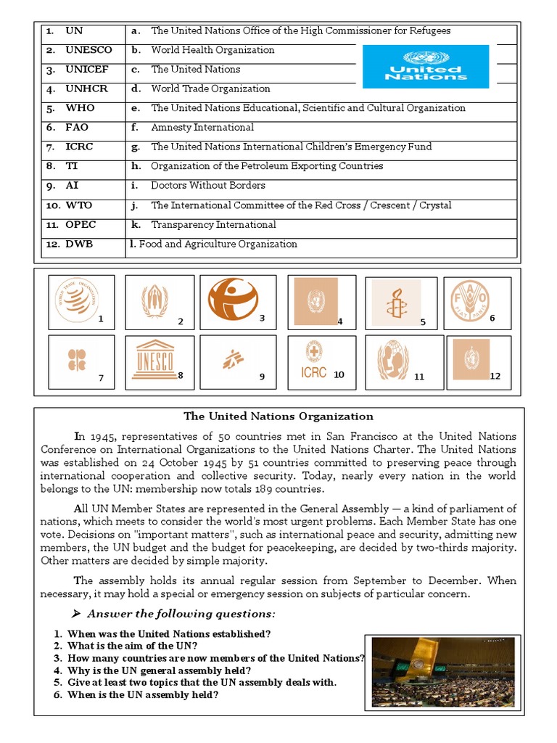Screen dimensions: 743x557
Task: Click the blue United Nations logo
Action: pyautogui.click(x=425, y=66)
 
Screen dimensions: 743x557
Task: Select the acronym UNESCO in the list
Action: pyautogui.click(x=88, y=50)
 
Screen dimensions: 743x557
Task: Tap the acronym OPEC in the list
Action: pyautogui.click(x=81, y=224)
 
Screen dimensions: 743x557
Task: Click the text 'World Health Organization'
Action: pyautogui.click(x=213, y=50)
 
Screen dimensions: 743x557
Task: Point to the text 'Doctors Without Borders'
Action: pyautogui.click(x=208, y=185)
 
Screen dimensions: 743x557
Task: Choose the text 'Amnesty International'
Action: pyautogui.click(x=202, y=127)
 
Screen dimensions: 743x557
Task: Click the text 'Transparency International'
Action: pyautogui.click(x=213, y=224)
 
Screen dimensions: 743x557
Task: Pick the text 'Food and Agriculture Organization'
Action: pyautogui.click(x=218, y=244)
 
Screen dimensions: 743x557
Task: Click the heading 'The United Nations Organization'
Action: pyautogui.click(x=278, y=416)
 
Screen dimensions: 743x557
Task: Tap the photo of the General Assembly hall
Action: pyautogui.click(x=443, y=672)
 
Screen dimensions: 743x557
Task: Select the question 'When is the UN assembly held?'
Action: pyautogui.click(x=143, y=694)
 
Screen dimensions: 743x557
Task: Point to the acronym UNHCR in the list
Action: pyautogui.click(x=87, y=89)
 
